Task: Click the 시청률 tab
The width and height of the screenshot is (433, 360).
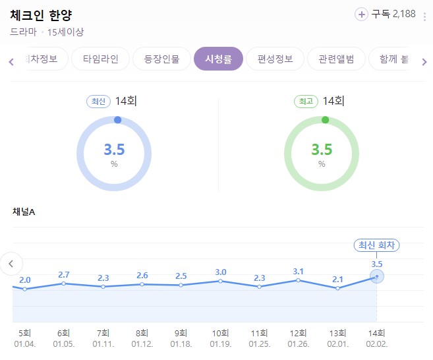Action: [219, 59]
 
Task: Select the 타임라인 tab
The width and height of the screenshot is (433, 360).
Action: [101, 59]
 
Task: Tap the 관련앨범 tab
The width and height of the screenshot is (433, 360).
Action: [335, 59]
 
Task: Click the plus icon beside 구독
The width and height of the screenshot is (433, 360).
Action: [361, 14]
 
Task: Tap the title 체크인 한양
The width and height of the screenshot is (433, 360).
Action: [41, 15]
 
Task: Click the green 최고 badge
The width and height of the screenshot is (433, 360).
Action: [305, 102]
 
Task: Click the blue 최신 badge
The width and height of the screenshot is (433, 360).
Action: [98, 102]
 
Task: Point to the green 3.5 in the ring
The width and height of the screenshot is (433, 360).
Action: [322, 150]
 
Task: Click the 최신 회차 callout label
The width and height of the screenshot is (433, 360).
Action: [377, 245]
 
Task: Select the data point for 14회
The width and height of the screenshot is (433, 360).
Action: [377, 276]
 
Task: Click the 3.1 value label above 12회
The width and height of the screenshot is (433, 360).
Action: [299, 272]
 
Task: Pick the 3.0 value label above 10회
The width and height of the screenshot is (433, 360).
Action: [220, 272]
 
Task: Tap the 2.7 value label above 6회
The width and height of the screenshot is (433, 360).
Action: [64, 274]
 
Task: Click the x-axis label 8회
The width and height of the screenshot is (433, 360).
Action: [142, 333]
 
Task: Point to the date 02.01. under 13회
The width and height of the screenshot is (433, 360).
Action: [338, 344]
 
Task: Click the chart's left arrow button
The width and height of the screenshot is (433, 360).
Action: [11, 264]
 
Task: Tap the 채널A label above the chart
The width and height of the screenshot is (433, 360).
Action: [24, 212]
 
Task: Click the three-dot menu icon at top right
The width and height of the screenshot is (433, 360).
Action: [425, 15]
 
